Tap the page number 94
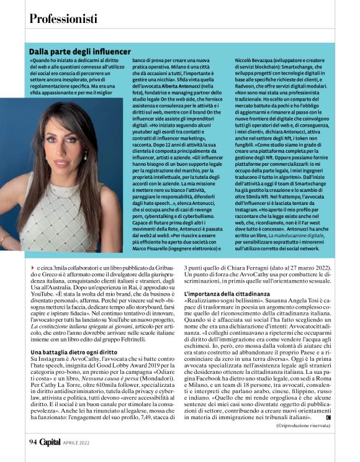[33, 442]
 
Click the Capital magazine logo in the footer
[52, 442]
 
